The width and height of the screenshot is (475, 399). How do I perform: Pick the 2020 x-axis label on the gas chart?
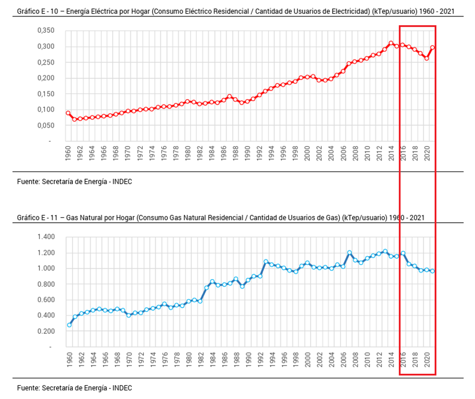point(427,360)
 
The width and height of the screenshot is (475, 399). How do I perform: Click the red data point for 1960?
point(68,113)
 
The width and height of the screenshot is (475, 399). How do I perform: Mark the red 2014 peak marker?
point(391,43)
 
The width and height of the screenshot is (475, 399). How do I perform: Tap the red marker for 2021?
point(433,47)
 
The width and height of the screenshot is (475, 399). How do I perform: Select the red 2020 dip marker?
point(427,58)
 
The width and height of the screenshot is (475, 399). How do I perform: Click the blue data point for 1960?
point(69,325)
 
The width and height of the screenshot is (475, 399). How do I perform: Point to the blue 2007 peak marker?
point(349,252)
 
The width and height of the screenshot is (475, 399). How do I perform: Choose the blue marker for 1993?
point(266,262)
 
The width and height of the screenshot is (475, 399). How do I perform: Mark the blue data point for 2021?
point(433,271)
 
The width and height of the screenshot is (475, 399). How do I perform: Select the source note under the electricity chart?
point(74,181)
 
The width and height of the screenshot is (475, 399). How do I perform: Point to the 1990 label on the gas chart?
point(248,360)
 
